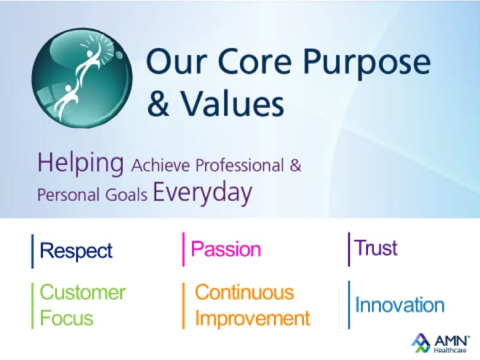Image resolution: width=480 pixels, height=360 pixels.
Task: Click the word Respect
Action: (76, 250)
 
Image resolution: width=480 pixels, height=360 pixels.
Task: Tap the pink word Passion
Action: (226, 249)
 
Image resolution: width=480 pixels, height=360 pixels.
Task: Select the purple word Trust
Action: (376, 247)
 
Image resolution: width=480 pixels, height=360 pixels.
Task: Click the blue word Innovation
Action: (400, 305)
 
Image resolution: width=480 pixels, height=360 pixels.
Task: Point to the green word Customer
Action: (83, 292)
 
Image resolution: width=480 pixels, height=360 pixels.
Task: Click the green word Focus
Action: (67, 318)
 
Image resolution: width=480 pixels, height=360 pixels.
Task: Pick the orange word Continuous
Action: (244, 292)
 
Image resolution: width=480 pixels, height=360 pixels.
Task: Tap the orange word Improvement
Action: (252, 318)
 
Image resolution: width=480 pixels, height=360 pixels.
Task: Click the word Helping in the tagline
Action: (81, 164)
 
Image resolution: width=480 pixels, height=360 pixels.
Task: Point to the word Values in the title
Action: (227, 104)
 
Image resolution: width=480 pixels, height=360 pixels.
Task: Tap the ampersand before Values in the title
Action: (158, 104)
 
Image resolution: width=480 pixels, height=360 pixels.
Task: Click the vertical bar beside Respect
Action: (33, 251)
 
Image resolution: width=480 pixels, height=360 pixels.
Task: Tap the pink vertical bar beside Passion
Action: (184, 249)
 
